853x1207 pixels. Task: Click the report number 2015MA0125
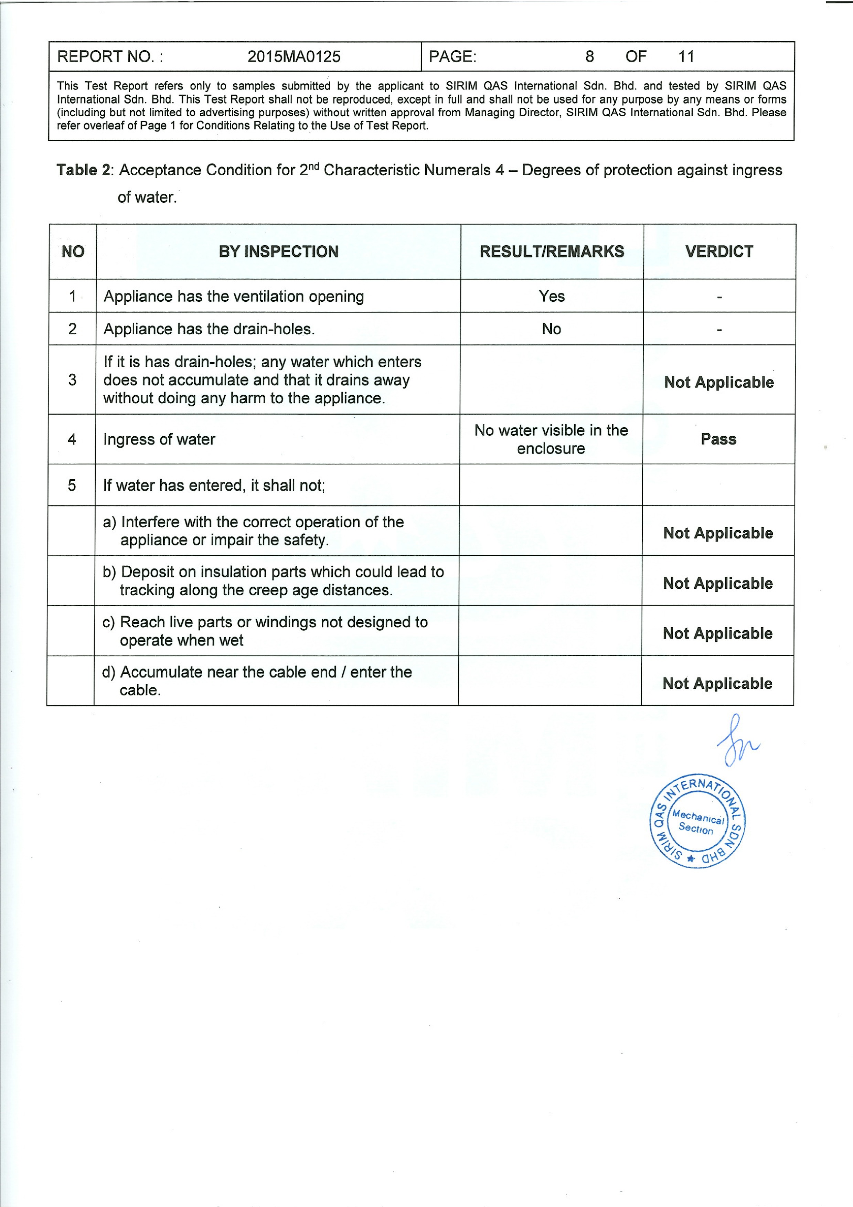click(294, 57)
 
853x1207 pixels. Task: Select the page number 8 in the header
click(590, 57)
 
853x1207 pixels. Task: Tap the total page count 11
click(686, 57)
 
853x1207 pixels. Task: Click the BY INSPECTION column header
click(279, 252)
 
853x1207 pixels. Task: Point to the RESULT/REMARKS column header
click(552, 252)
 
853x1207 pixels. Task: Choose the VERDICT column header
click(719, 252)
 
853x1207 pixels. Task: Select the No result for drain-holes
click(551, 329)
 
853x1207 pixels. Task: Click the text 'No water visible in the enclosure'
click(551, 439)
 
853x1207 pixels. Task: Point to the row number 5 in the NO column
click(72, 485)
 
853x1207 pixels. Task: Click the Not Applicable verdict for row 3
click(718, 383)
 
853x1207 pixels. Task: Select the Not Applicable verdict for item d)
click(717, 683)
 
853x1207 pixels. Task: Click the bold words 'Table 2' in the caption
click(84, 170)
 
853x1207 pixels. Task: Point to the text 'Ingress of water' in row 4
click(159, 439)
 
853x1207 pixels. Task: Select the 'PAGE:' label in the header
click(452, 57)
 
